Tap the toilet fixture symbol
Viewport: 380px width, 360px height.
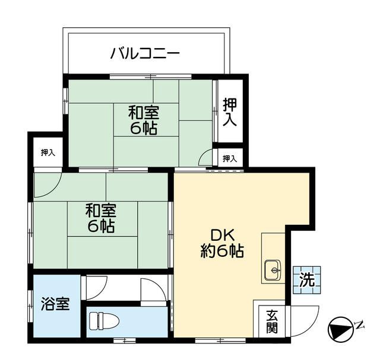click(x=104, y=321)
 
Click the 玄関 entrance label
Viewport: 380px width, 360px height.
click(x=271, y=321)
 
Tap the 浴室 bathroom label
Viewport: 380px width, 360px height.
click(x=55, y=305)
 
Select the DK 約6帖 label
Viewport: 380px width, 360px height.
click(x=221, y=243)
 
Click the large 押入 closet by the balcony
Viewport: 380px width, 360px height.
click(x=230, y=112)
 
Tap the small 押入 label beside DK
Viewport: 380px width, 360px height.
click(x=230, y=158)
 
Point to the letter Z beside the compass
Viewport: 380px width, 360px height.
click(x=360, y=323)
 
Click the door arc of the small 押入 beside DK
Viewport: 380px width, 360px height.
click(x=205, y=157)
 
